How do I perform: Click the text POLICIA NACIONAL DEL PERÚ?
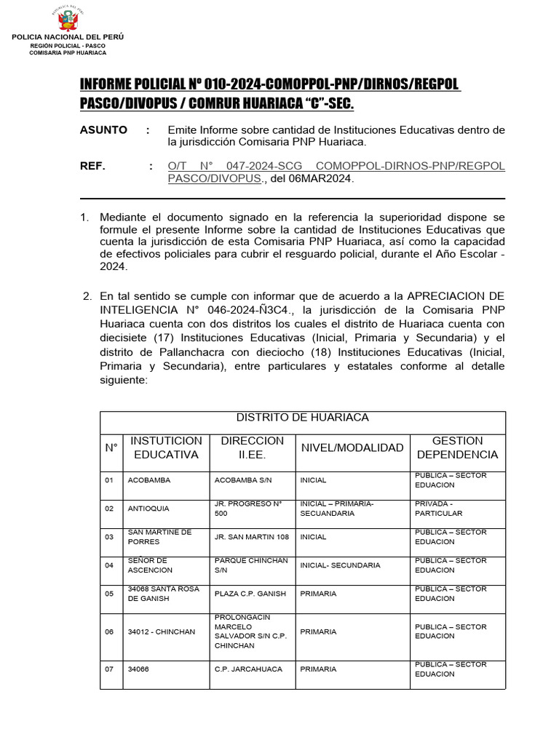coord(68,36)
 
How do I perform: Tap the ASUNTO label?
coord(103,130)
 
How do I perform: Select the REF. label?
coord(92,166)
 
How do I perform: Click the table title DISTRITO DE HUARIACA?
coord(302,418)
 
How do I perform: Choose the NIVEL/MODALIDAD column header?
coord(352,447)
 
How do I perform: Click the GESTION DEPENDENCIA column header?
coord(457,447)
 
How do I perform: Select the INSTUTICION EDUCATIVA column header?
coord(166,447)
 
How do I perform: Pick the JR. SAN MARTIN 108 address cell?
coord(252,537)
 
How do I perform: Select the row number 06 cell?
coord(109,632)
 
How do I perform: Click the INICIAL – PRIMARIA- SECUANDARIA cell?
coord(337,508)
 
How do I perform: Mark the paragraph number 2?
coord(87,296)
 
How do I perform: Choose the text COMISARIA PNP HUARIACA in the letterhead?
coord(68,52)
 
